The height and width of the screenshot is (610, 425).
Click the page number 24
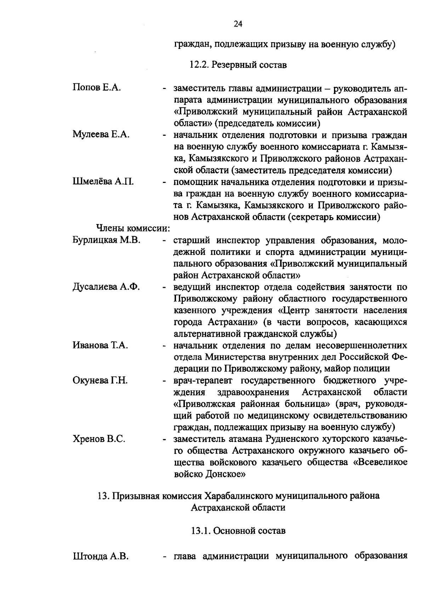click(x=238, y=24)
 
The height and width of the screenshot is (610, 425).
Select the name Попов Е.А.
click(x=97, y=88)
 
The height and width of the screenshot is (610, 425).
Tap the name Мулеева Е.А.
click(x=101, y=135)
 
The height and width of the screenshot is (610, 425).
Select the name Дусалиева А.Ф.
click(x=106, y=287)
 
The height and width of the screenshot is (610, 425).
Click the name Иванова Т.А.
click(x=100, y=345)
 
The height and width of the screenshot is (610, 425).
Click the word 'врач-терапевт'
click(x=204, y=381)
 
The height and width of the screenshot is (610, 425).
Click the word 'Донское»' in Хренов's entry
click(x=225, y=474)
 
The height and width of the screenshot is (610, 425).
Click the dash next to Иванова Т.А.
click(x=164, y=346)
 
